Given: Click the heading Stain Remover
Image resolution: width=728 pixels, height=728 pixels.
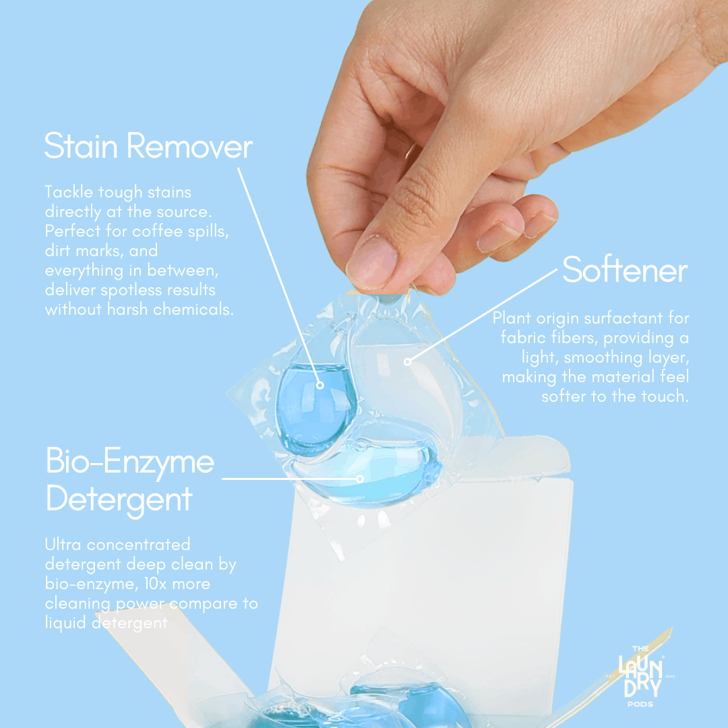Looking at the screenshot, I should [x=148, y=146].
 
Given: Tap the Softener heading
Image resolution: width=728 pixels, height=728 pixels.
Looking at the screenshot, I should [x=624, y=270].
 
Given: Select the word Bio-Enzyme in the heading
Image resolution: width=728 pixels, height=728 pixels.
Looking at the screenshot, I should [x=130, y=462].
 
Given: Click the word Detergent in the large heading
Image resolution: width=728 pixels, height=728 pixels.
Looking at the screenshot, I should [x=119, y=500].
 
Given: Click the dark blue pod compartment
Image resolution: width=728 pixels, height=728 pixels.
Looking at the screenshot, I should [x=315, y=404].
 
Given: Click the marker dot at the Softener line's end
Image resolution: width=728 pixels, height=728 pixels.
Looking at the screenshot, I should [x=407, y=362].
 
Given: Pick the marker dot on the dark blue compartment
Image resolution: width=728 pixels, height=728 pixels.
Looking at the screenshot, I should [x=320, y=386].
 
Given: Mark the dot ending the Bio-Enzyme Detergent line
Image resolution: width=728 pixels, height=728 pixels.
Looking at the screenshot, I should [x=360, y=479].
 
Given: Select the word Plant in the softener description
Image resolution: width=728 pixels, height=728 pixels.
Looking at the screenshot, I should [x=510, y=317].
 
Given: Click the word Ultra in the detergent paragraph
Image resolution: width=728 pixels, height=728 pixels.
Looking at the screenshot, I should [x=63, y=544].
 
